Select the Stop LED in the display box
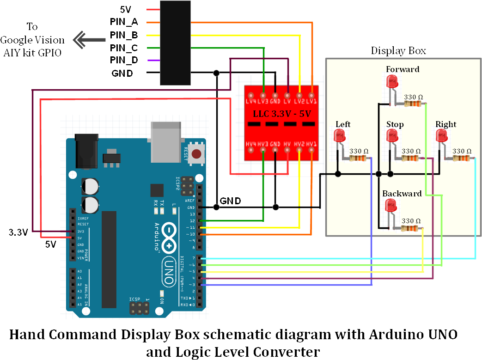click(392, 136)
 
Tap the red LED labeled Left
click(340, 136)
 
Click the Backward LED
click(391, 206)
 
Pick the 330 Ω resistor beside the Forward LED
click(413, 104)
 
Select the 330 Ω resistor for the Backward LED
click(411, 228)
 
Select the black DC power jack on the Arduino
click(85, 149)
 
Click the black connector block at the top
click(175, 43)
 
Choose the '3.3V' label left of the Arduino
click(18, 232)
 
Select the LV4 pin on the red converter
click(251, 96)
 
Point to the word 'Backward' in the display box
click(402, 193)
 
